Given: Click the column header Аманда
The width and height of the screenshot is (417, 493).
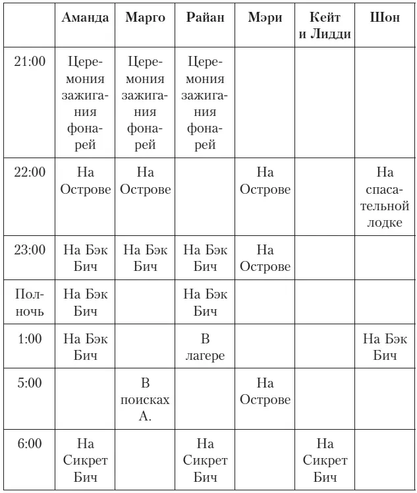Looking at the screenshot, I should tap(85, 18).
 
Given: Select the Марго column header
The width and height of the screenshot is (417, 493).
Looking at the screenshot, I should tap(145, 18).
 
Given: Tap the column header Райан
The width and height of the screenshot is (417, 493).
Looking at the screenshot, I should tap(205, 18).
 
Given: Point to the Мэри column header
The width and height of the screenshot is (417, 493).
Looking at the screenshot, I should tap(265, 18).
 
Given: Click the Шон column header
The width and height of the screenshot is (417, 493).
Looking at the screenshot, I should tap(385, 18).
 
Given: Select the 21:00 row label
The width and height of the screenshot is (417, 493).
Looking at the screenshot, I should tap(30, 62).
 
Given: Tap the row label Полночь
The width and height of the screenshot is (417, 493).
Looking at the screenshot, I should tap(30, 303).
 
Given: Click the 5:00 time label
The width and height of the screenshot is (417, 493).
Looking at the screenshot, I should tap(30, 384).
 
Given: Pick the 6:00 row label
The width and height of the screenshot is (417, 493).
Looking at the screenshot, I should tap(30, 444).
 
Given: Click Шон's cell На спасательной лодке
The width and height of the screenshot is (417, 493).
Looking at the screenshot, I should tap(385, 197).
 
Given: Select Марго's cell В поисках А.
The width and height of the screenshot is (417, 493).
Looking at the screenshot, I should tap(145, 399).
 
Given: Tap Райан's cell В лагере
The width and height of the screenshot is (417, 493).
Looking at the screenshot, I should tap(205, 347).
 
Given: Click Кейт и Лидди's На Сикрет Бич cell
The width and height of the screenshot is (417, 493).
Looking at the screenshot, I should tap(325, 460).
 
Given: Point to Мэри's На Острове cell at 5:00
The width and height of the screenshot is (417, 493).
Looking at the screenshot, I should tap(265, 391).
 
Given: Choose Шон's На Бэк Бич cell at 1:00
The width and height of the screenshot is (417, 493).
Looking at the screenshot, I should tap(385, 347).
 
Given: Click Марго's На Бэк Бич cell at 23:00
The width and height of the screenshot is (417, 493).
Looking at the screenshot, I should tap(145, 258).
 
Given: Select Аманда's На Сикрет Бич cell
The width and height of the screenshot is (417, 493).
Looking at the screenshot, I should tap(85, 460).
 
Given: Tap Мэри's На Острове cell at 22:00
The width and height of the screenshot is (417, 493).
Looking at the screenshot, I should tap(265, 181).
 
